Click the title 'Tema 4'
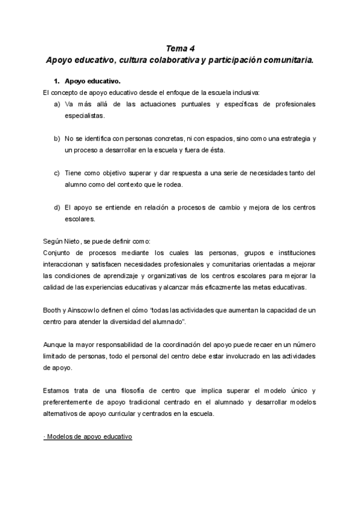[179, 49]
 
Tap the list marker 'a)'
[56, 104]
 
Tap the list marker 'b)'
[56, 138]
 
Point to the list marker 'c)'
[56, 173]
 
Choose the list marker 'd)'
[56, 207]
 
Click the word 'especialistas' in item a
[84, 115]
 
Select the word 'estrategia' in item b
[290, 138]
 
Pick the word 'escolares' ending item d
[80, 219]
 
